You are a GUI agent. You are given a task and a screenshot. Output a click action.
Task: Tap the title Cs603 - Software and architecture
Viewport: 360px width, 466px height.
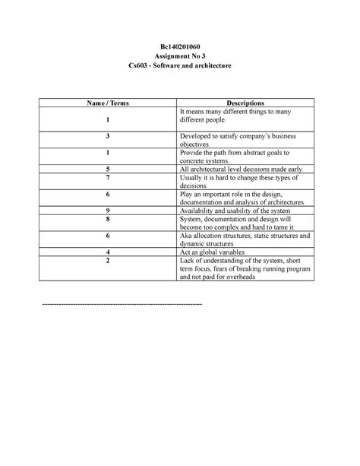(179, 68)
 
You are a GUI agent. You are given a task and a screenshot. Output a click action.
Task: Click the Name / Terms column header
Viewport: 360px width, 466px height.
(109, 103)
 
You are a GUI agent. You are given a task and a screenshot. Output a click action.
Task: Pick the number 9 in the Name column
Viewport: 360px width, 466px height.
(109, 210)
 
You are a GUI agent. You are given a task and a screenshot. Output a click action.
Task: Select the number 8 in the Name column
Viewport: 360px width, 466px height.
(109, 219)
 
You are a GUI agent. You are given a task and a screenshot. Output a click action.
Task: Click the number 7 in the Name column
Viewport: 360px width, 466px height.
(109, 176)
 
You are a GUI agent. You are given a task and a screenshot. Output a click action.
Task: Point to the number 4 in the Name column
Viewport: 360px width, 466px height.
(109, 252)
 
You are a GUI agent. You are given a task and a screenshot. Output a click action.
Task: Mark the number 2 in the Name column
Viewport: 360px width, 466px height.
(109, 260)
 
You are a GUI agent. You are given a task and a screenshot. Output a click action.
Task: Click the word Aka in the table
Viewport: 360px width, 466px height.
(185, 235)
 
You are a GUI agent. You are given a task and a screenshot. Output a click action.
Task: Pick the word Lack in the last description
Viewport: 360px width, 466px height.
(186, 260)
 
